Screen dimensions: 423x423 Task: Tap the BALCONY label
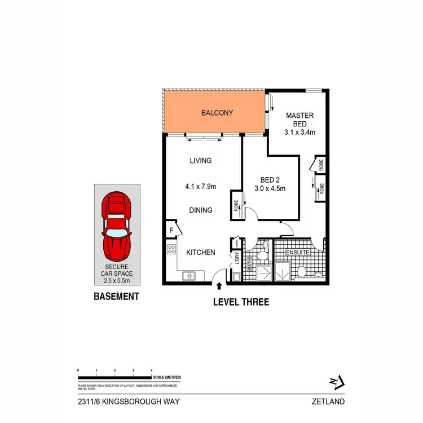pos(217,113)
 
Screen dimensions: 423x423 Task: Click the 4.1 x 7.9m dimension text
pos(200,184)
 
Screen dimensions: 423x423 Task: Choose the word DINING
pos(200,210)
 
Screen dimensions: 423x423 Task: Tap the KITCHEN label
pos(200,253)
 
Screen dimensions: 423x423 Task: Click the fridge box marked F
pos(171,231)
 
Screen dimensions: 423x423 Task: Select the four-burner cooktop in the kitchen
pos(171,252)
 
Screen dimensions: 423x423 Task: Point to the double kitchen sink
pos(188,276)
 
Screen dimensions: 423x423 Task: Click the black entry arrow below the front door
pos(219,288)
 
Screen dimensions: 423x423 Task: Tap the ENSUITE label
pos(297,253)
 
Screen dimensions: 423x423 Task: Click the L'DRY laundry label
pos(236,258)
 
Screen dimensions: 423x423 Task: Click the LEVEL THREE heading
pos(241,302)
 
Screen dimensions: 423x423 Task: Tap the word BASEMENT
pos(116,296)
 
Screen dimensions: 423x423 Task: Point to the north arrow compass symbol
pos(335,382)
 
